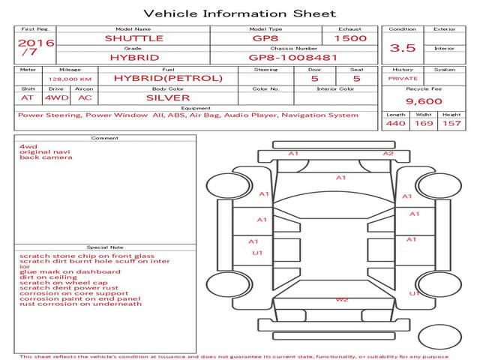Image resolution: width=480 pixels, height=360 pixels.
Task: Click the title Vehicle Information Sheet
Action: (239, 13)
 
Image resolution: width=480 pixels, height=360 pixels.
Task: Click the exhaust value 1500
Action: (350, 38)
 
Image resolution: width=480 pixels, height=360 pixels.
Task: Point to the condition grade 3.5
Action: (403, 48)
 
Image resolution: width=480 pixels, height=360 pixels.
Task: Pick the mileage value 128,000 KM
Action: (70, 79)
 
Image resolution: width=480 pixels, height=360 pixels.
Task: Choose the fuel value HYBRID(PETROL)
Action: (168, 78)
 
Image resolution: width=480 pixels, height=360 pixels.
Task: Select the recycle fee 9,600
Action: (424, 101)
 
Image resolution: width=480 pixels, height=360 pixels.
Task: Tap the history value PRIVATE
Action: (403, 78)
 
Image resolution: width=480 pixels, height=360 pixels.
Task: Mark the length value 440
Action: (396, 124)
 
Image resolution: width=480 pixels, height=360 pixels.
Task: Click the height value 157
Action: (451, 124)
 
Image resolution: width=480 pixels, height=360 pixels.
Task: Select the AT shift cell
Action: (28, 97)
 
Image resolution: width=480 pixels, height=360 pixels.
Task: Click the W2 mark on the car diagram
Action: (342, 300)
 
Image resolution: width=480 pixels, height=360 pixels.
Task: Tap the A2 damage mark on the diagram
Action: (388, 154)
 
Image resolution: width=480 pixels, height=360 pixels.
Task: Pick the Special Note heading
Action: (104, 247)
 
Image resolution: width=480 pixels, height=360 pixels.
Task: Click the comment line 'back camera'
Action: (36, 158)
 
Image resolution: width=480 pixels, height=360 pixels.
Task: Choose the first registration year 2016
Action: (36, 43)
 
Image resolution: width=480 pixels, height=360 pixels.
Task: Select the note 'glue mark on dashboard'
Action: (70, 271)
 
